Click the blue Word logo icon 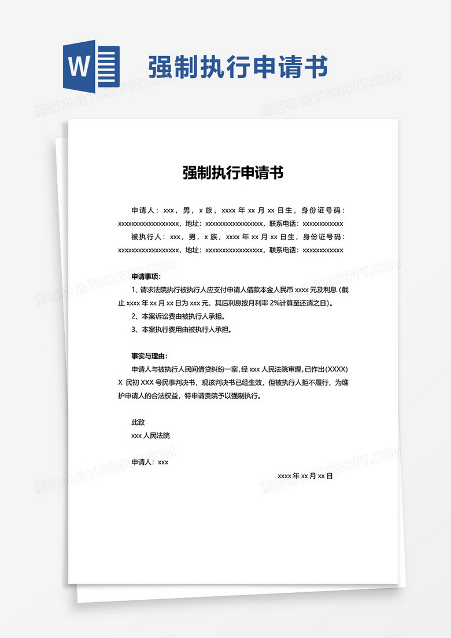91,67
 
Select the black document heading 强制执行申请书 233,173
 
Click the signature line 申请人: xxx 150,463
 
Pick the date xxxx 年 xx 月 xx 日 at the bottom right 305,476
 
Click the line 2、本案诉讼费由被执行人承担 178,317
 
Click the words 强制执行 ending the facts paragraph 246,397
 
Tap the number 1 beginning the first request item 134,290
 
